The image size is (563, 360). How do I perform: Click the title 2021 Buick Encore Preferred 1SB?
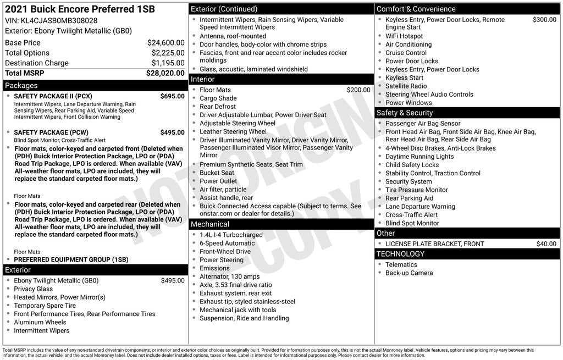(x=80, y=9)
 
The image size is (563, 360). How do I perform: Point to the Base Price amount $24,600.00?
(x=165, y=43)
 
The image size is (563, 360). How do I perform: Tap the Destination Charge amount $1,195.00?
(x=168, y=63)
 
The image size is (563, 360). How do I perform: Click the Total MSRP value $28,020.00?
(x=165, y=73)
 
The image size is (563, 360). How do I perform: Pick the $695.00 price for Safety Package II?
(x=172, y=96)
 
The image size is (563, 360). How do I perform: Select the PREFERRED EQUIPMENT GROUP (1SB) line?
(x=71, y=259)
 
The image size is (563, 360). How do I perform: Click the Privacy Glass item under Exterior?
(x=34, y=289)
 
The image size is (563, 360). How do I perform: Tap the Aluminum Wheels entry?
(x=40, y=323)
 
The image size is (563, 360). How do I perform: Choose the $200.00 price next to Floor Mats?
(x=358, y=90)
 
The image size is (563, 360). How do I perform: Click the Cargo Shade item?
(x=218, y=98)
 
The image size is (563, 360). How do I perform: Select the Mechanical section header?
(x=209, y=224)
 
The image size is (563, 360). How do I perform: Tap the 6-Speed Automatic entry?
(x=227, y=243)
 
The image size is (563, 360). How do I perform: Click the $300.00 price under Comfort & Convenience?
(x=544, y=20)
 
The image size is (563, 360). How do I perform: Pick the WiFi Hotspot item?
(x=404, y=36)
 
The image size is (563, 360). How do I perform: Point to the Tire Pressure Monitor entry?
(x=417, y=190)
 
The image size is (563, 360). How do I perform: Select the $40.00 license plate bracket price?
(x=546, y=244)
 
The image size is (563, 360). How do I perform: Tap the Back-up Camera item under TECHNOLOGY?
(x=409, y=273)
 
